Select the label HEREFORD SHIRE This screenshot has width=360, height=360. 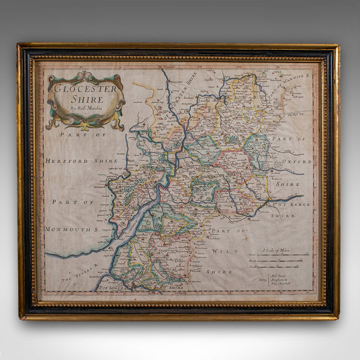click(x=75, y=161)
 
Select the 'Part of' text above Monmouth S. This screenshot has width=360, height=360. click(x=71, y=202)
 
